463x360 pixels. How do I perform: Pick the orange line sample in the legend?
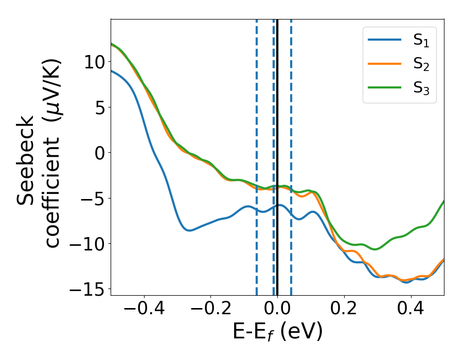point(385,64)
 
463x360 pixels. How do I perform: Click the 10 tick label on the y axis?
point(94,62)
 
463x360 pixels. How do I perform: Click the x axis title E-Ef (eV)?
point(277,332)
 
